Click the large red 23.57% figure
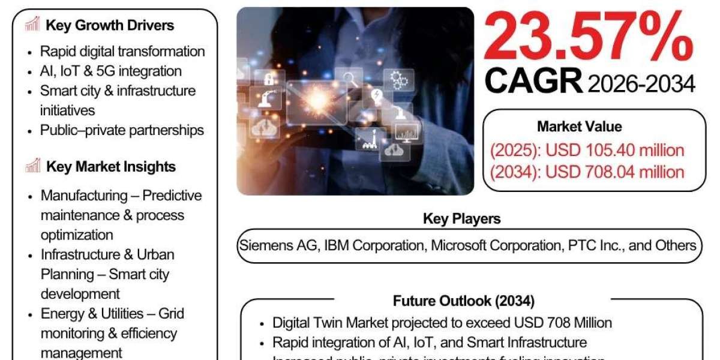tap(588, 37)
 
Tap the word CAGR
tap(533, 81)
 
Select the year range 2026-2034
tap(641, 84)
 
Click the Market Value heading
tap(579, 127)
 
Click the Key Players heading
tap(461, 218)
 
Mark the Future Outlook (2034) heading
tap(463, 301)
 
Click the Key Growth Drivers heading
tap(110, 25)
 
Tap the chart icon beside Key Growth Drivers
tap(33, 25)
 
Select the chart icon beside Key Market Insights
tap(33, 166)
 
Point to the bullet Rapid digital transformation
tap(122, 52)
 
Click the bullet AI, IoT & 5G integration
tap(110, 71)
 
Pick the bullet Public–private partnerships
tap(122, 130)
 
